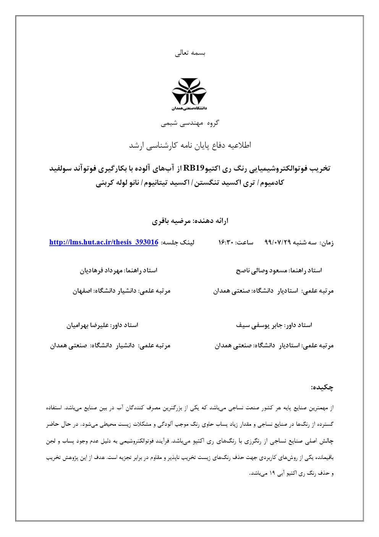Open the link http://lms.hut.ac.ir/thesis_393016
[104, 242]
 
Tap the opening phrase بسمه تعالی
[190, 53]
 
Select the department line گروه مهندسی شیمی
[190, 123]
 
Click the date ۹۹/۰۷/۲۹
[278, 242]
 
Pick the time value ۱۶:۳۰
[225, 242]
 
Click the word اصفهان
[82, 291]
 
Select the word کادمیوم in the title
[272, 183]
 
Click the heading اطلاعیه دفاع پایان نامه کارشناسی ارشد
[190, 145]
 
